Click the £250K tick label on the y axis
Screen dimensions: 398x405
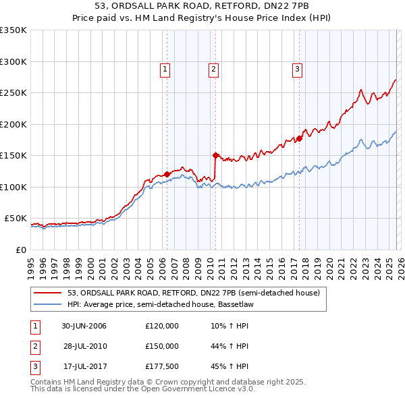pos(13,93)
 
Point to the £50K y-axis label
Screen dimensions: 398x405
pos(16,219)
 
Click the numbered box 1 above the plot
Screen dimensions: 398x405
pos(165,68)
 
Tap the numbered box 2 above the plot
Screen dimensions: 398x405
pos(213,68)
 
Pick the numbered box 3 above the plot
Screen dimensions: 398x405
pos(297,68)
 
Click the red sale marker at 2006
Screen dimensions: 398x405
pos(167,174)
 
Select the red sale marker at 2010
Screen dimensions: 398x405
pos(215,155)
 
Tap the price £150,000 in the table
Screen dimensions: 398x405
pos(162,346)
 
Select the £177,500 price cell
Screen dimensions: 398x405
pos(162,366)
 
